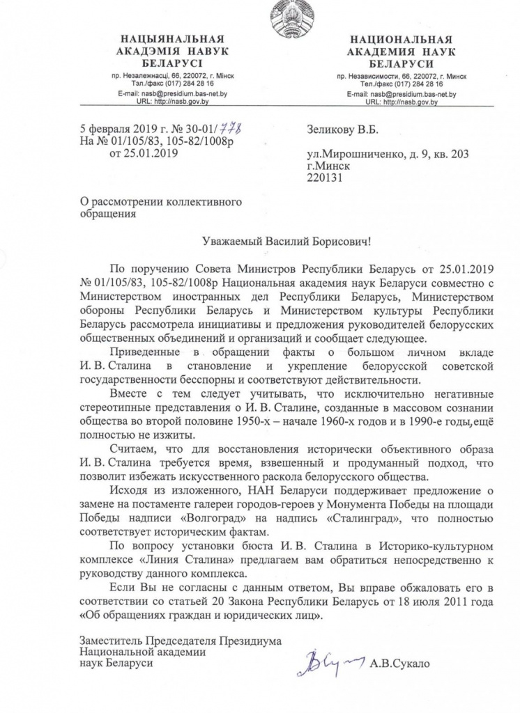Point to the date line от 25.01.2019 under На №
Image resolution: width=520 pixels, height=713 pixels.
(139, 153)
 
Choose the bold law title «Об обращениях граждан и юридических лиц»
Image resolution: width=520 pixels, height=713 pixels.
(202, 616)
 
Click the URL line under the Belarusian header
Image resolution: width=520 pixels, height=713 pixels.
(167, 101)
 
